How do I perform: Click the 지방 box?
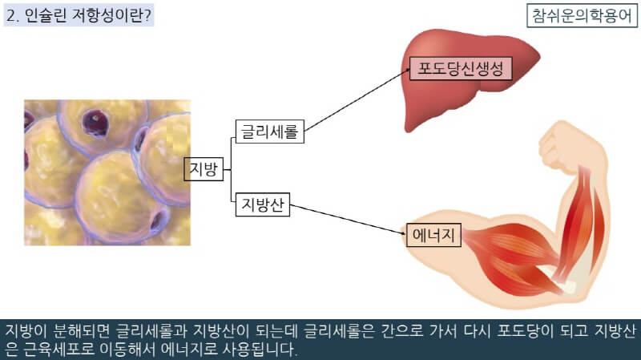204,169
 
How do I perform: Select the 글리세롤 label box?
270,131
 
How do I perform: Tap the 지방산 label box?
263,206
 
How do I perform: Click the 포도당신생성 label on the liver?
460,69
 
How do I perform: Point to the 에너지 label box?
433,235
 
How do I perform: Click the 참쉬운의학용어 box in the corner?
579,15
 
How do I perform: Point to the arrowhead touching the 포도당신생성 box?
405,71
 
